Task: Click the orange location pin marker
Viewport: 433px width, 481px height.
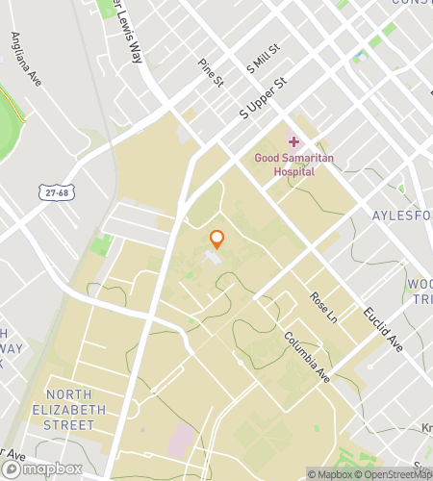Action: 217,240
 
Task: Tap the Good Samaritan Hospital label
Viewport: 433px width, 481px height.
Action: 285,164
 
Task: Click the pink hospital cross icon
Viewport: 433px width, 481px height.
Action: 293,141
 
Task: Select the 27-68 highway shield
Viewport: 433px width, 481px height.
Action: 57,192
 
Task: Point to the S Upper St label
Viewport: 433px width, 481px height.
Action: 263,99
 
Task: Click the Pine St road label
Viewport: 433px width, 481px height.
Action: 210,73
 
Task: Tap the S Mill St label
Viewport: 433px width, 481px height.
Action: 263,59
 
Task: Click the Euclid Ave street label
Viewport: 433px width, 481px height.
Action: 382,328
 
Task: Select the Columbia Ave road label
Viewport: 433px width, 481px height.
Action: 307,357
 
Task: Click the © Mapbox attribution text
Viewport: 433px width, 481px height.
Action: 330,473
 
